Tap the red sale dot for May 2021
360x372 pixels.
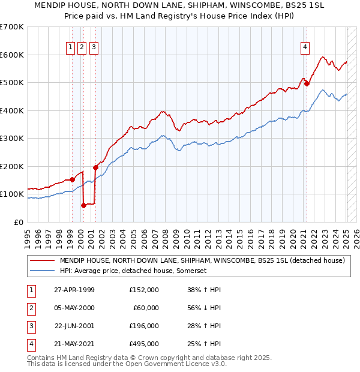click(x=307, y=84)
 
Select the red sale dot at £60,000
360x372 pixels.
click(x=83, y=205)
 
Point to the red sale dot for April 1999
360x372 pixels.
click(x=73, y=179)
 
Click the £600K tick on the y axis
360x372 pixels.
click(x=12, y=55)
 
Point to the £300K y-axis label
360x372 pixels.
click(x=12, y=139)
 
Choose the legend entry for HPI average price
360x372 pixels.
click(x=133, y=271)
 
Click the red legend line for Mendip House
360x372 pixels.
click(x=43, y=261)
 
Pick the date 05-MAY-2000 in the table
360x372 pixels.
click(x=74, y=308)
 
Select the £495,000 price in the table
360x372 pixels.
click(x=144, y=344)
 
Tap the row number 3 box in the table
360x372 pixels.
click(x=30, y=326)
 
